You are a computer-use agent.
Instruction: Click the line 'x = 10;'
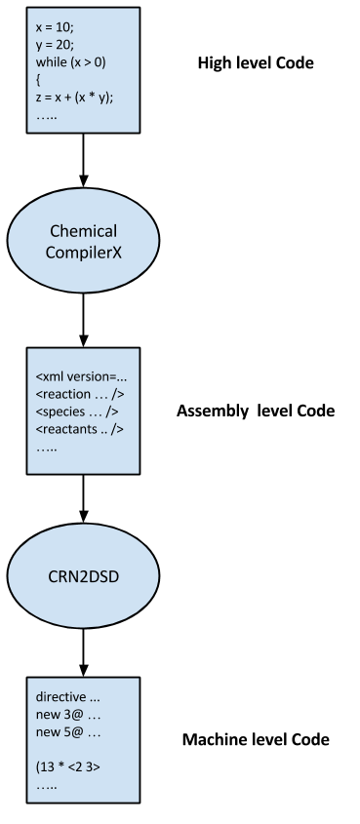pyautogui.click(x=55, y=28)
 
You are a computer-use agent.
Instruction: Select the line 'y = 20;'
pyautogui.click(x=55, y=45)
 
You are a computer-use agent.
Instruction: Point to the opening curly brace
pyautogui.click(x=38, y=80)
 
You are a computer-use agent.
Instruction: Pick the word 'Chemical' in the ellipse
pyautogui.click(x=83, y=231)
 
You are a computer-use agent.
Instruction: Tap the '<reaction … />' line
pyautogui.click(x=80, y=394)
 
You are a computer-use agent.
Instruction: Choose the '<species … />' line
pyautogui.click(x=77, y=412)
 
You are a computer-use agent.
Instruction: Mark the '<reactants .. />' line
pyautogui.click(x=80, y=429)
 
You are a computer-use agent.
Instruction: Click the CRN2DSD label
pyautogui.click(x=83, y=575)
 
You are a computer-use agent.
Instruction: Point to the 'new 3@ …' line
pyautogui.click(x=68, y=715)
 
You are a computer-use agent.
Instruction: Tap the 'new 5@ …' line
pyautogui.click(x=68, y=732)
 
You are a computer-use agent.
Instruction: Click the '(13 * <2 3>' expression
pyautogui.click(x=68, y=767)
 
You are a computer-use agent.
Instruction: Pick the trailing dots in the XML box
pyautogui.click(x=47, y=448)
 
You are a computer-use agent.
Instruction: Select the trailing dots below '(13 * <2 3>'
pyautogui.click(x=47, y=785)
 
